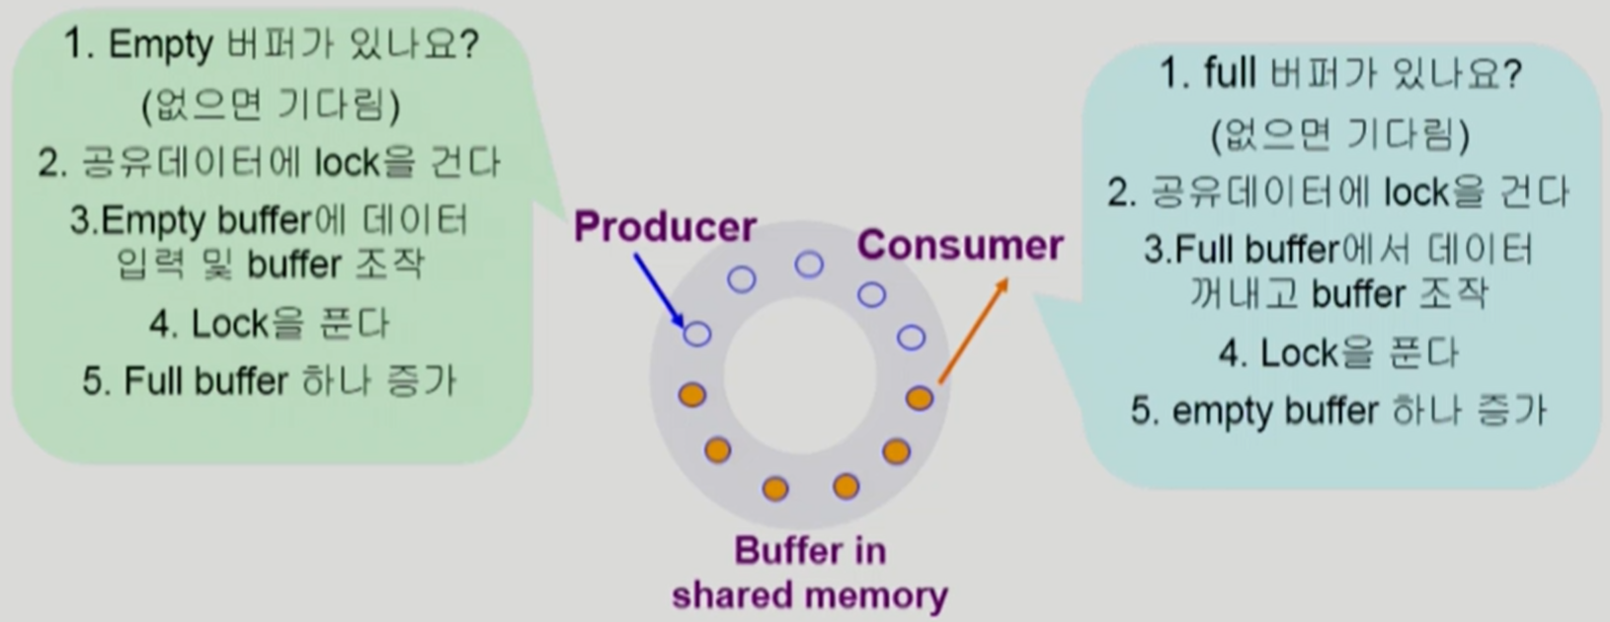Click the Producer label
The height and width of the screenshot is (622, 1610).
tap(665, 227)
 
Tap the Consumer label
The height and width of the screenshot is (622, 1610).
tap(959, 245)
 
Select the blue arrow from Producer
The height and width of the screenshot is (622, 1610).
tap(657, 288)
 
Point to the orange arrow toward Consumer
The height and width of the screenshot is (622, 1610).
tap(972, 331)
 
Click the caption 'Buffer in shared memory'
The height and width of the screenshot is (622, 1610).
tap(809, 573)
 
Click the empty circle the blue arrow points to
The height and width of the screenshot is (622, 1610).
tap(697, 334)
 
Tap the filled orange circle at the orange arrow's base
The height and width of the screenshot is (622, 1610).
tap(919, 398)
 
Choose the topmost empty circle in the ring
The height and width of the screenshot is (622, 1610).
tap(809, 264)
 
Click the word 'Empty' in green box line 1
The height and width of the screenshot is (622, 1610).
tap(160, 44)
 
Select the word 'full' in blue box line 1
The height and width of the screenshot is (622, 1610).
tap(1230, 74)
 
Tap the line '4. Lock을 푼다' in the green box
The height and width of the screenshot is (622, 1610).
tap(270, 323)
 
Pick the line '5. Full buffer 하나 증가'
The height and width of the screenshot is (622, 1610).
tap(270, 381)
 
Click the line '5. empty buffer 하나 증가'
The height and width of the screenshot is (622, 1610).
tap(1338, 411)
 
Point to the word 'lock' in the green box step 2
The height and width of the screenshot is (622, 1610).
tap(347, 163)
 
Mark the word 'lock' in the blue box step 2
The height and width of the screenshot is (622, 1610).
tap(1416, 193)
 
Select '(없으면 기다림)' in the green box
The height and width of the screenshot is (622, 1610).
tap(271, 105)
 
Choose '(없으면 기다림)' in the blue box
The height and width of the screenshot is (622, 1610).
tap(1339, 134)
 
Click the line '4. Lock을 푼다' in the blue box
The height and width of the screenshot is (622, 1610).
tap(1338, 352)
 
